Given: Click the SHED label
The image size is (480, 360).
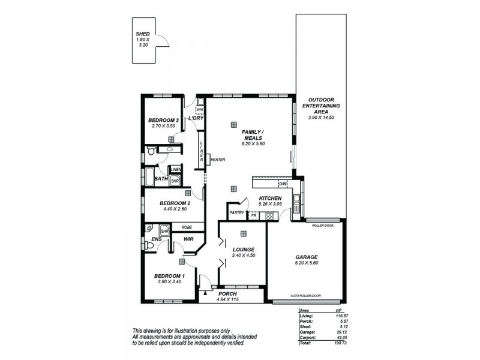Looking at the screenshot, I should pos(142,34).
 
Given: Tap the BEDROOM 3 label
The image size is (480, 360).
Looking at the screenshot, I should pos(164,120).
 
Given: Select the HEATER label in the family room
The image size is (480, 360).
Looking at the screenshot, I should pos(217,159).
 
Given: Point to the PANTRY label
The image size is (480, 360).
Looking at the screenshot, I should pos(236,212).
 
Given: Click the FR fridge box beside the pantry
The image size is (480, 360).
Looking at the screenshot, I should pos(253,214).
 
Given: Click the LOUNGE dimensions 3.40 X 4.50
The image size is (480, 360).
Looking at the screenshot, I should pos(243,256).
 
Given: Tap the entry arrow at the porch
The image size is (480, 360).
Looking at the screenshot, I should pos(205,293).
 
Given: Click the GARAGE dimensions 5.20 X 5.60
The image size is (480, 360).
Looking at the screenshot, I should pos(305,262).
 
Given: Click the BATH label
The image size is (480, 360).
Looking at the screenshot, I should pos(161,179).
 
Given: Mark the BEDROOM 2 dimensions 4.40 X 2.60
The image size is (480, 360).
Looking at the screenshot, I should pos(175,209).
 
